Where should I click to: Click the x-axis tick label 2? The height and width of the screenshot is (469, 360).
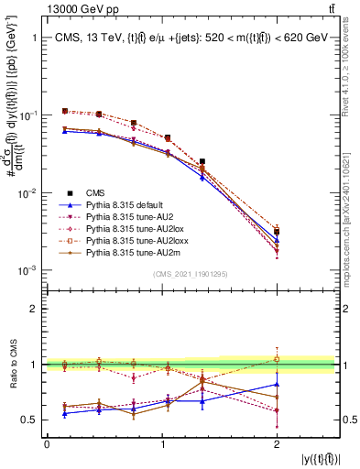pos(277,443)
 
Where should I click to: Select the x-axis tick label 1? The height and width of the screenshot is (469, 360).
pos(162,443)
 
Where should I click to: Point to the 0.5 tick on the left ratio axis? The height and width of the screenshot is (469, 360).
pos(33,420)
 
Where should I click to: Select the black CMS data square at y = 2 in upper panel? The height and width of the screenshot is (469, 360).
pos(277,232)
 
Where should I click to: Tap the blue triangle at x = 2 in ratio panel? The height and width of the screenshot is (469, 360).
pos(277,385)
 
